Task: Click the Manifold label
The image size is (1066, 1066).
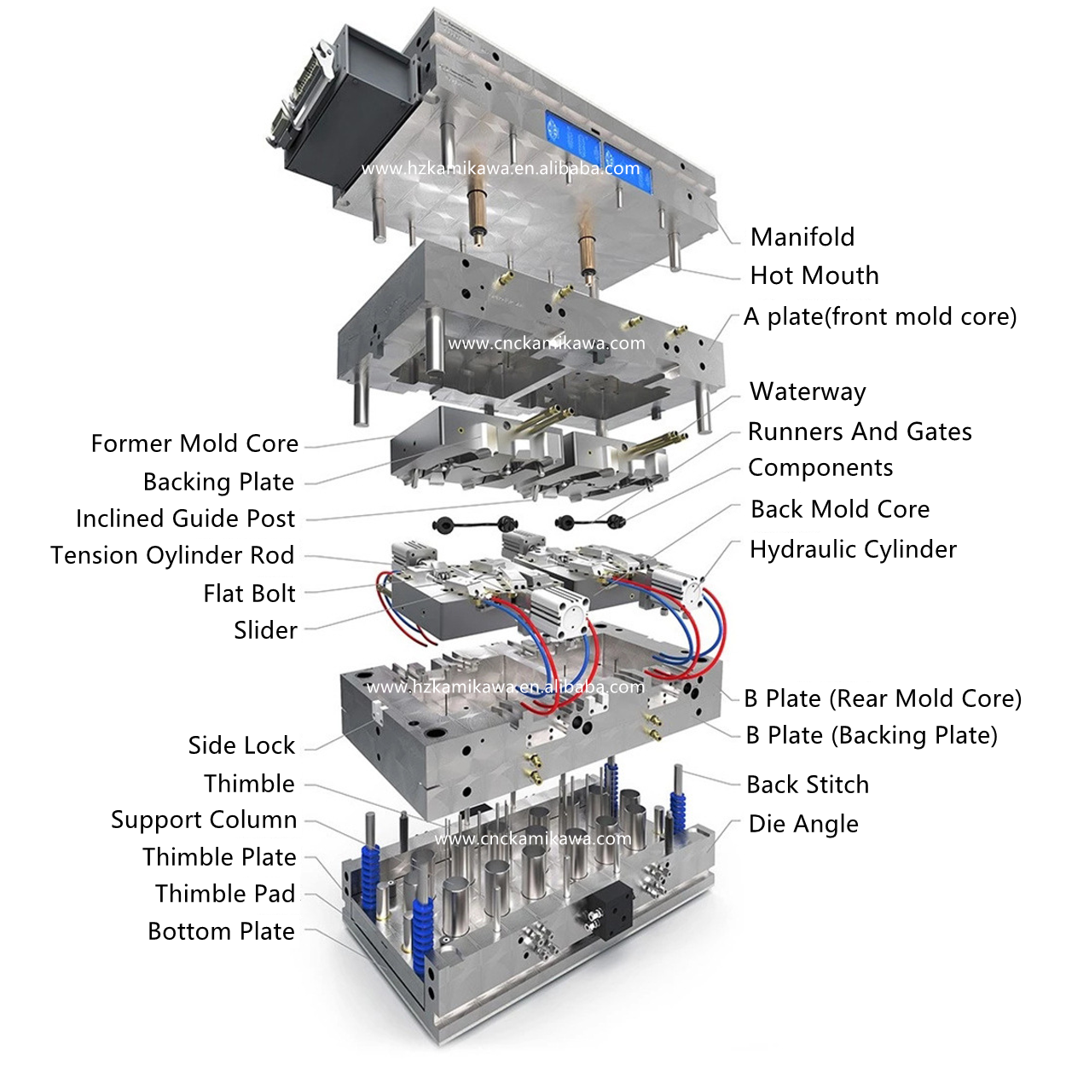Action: point(802,237)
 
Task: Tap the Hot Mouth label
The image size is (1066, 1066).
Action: point(814,275)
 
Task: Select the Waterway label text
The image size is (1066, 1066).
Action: point(807,392)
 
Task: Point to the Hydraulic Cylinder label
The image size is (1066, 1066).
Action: point(853,550)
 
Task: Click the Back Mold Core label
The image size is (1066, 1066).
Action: point(840,509)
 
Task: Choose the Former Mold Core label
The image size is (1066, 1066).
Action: point(194,443)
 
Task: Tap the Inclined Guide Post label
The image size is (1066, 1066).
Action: point(185,519)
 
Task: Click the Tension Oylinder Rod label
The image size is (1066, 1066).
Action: point(172,555)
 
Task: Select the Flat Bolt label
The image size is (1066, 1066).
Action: point(249,594)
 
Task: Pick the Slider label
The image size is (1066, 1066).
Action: point(265,630)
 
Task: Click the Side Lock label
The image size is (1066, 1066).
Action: point(241,745)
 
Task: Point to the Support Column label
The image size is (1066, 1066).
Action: point(204,820)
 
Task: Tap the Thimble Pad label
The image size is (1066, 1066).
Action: point(225,894)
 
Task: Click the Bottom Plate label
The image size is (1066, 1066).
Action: point(221,931)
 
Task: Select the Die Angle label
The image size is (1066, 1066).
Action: point(803,825)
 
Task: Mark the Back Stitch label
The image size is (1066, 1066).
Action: point(808,785)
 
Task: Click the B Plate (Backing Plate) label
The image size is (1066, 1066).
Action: point(872,736)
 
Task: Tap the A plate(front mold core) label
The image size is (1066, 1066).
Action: point(879,317)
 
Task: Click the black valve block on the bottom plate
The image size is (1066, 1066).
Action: point(605,912)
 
